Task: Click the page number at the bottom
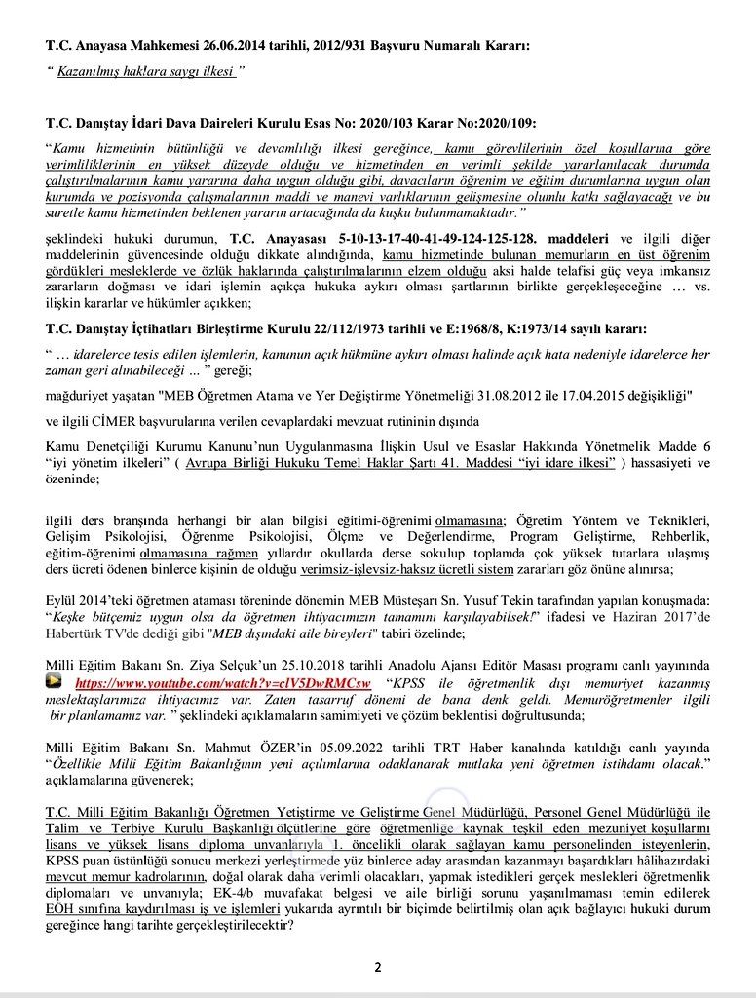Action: tap(378, 967)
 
